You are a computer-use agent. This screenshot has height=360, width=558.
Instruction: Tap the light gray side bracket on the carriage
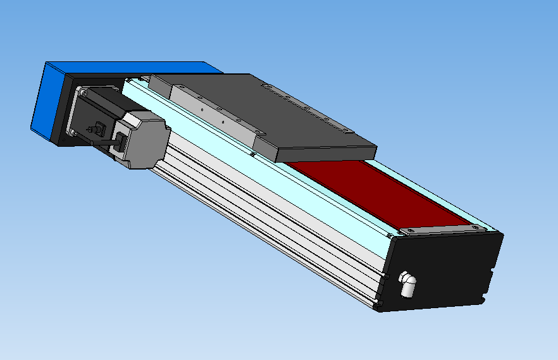pos(209,111)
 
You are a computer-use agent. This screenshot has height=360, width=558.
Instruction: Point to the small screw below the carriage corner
pos(252,154)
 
